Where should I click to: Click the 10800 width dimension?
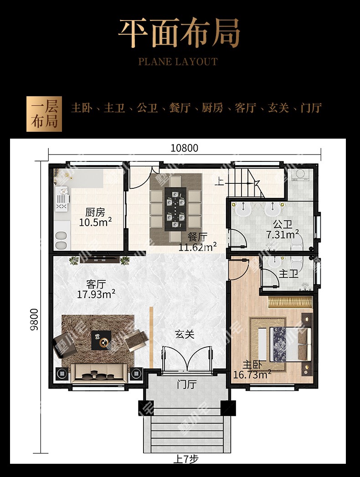coord(184,148)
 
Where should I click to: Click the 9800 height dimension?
coord(34,319)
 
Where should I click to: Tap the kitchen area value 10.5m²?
coord(95,222)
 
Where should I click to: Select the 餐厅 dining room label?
coord(197,237)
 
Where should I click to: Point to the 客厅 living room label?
coord(96,284)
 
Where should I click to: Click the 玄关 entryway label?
coord(185,334)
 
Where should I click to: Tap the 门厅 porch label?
coord(187,384)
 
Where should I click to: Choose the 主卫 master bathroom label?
coord(288,274)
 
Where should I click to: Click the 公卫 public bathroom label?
coord(283,224)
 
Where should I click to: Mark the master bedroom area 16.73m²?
coord(252,374)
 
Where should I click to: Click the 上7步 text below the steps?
coord(186,459)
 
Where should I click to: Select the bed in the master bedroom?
coord(291,344)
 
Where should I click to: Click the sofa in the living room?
coord(99,373)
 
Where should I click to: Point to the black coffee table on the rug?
coord(101,340)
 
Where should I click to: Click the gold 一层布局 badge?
coord(44,114)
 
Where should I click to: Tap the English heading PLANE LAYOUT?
coord(178,62)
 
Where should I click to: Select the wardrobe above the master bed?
coord(290,302)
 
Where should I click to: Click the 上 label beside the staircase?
coord(219,181)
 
